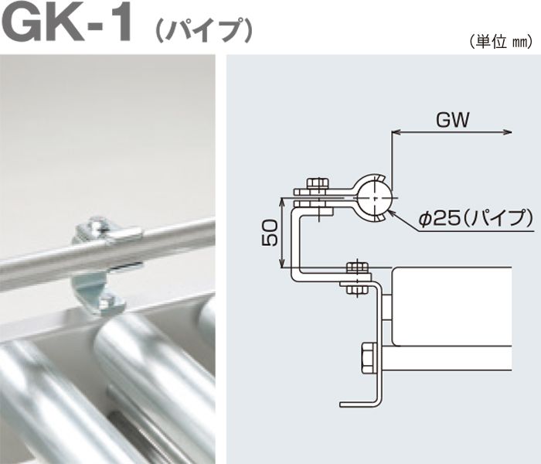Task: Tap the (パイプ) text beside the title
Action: point(204,30)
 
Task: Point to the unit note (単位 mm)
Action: point(501,42)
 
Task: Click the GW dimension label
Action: point(452,121)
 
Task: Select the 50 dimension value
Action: point(270,233)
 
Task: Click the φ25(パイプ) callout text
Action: point(475,218)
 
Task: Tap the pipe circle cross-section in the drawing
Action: point(374,198)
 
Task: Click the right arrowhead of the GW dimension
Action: point(507,132)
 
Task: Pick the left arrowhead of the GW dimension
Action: point(396,132)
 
